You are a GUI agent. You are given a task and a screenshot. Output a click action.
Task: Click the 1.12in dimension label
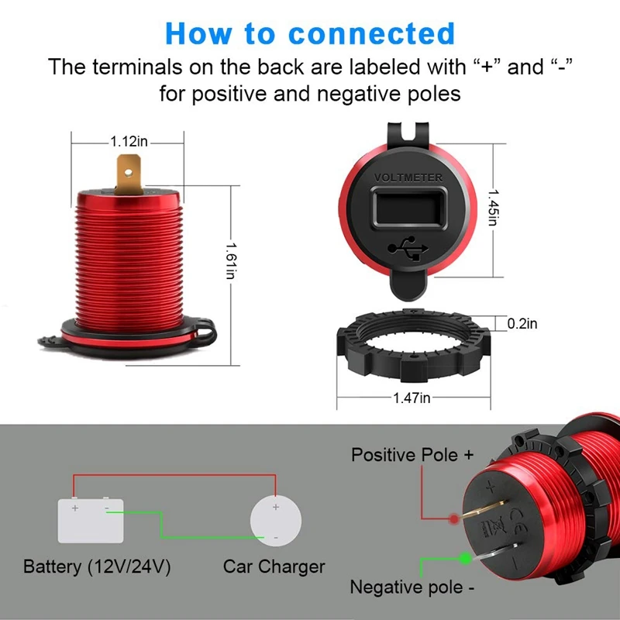coord(128,142)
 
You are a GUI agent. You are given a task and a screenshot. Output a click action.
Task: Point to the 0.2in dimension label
coord(522,324)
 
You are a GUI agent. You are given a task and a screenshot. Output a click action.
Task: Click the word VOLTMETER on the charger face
coord(408,177)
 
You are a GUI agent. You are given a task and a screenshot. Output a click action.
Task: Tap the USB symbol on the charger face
coord(408,249)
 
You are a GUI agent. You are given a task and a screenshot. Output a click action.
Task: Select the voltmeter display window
coord(408,211)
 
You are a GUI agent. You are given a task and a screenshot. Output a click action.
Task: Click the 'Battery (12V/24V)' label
coord(97,567)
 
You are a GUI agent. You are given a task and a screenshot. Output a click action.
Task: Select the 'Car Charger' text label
coord(274,567)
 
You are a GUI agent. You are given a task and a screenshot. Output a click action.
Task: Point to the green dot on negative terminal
coord(465,557)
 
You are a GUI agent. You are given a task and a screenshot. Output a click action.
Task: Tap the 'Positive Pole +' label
coord(412,455)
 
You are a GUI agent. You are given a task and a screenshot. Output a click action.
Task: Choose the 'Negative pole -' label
coord(412,587)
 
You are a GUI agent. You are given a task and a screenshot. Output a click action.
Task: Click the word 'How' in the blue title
coord(198,33)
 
